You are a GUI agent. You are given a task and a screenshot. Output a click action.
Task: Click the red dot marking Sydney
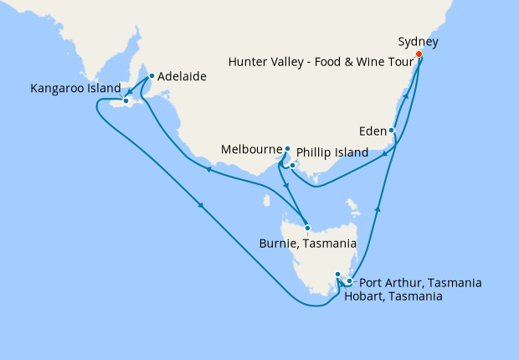pyautogui.click(x=419, y=55)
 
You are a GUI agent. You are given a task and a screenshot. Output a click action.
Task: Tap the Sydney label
pyautogui.click(x=418, y=41)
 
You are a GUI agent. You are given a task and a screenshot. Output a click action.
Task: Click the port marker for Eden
pyautogui.click(x=392, y=131)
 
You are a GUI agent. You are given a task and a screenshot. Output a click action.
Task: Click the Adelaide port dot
pyautogui.click(x=152, y=76)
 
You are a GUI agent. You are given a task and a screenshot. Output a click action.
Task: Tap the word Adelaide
pyautogui.click(x=182, y=76)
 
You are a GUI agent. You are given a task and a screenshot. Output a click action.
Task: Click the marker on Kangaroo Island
pyautogui.click(x=126, y=102)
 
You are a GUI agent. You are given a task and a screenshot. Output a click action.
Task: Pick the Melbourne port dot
pyautogui.click(x=287, y=149)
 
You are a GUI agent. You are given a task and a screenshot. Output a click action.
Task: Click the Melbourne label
pyautogui.click(x=251, y=150)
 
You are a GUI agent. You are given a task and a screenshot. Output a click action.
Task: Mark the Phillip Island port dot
pyautogui.click(x=292, y=164)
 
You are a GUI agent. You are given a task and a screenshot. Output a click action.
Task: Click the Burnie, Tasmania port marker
pyautogui.click(x=308, y=228)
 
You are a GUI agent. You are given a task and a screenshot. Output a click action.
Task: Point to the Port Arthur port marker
pyautogui.click(x=349, y=281)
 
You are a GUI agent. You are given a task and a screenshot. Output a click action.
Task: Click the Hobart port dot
pyautogui.click(x=337, y=275)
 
